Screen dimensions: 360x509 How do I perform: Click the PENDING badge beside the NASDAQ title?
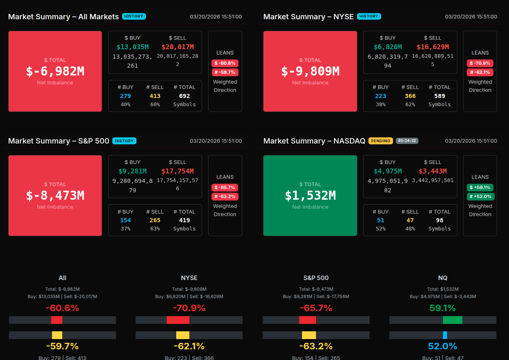point(380,141)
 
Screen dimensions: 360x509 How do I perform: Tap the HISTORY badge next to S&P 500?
point(124,141)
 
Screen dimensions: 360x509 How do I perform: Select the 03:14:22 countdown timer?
point(407,141)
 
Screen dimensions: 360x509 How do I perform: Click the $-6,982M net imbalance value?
point(55,71)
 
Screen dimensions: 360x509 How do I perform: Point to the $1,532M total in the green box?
point(310,196)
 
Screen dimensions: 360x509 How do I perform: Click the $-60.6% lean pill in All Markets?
point(225,63)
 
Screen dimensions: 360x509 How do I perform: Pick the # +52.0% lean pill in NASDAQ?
point(480,196)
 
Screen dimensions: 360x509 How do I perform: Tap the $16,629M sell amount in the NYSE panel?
point(433,47)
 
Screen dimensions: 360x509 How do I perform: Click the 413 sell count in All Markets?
point(155,96)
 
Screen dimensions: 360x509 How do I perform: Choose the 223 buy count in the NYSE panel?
point(381,96)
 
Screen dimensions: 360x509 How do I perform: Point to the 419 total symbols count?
point(184,220)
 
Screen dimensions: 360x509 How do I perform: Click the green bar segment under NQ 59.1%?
point(452,320)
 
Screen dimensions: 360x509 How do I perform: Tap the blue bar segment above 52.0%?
point(445,335)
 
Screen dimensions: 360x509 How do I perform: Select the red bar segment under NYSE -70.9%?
point(178,320)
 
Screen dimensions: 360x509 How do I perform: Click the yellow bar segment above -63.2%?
point(309,335)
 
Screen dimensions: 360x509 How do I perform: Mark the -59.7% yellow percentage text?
point(62,346)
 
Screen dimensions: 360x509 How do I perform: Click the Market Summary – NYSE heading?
point(308,16)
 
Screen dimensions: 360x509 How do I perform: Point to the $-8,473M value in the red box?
point(55,196)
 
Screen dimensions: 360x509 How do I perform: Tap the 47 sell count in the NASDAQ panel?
point(410,220)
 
